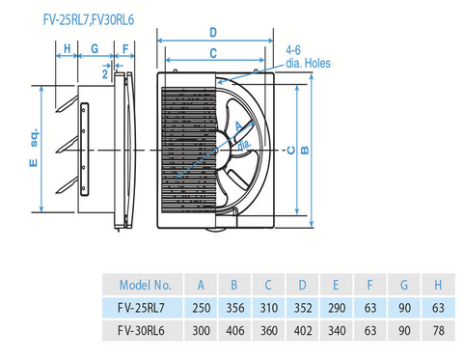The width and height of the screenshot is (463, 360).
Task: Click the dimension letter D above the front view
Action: point(213,33)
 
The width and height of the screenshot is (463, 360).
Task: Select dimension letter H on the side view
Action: point(67,47)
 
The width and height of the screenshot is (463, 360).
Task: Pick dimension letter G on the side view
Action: point(95,47)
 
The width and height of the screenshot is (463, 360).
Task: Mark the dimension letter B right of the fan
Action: point(305,150)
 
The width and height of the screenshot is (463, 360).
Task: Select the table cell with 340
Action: point(335,330)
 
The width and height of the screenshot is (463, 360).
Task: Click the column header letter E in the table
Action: point(335,286)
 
